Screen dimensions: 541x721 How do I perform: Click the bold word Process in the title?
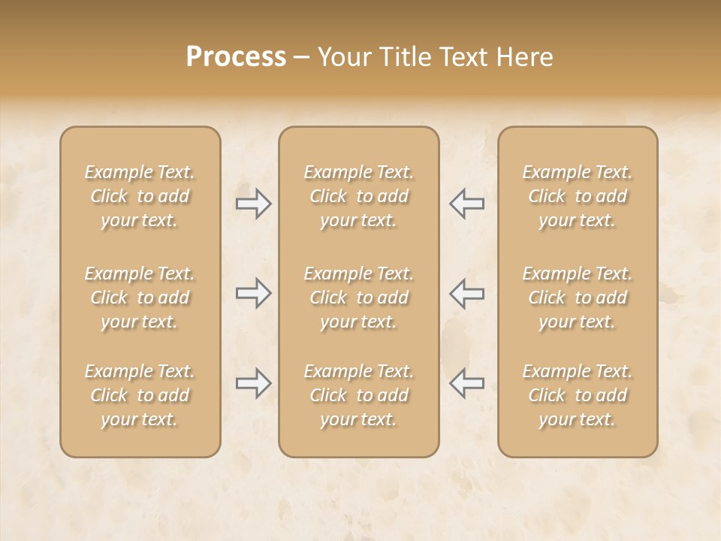(x=236, y=57)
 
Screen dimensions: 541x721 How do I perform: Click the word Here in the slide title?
(x=526, y=57)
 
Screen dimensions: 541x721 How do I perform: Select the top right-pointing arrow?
(x=254, y=204)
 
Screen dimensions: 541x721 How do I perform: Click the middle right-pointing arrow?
(x=254, y=293)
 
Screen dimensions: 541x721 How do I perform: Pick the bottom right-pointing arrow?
(x=254, y=383)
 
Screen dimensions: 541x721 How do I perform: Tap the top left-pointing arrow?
(x=466, y=204)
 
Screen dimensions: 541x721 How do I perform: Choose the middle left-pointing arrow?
(x=466, y=293)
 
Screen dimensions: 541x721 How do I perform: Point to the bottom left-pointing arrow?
(x=466, y=383)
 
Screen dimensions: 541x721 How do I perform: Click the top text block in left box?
(x=140, y=196)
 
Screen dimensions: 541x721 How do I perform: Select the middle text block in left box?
(x=140, y=298)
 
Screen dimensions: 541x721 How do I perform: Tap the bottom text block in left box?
(x=140, y=395)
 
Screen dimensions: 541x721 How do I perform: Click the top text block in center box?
(x=358, y=196)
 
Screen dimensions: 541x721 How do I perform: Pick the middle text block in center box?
(x=358, y=298)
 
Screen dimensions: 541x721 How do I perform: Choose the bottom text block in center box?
(x=358, y=395)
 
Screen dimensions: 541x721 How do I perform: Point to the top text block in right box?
(x=577, y=196)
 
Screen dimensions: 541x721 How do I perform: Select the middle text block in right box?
(x=577, y=298)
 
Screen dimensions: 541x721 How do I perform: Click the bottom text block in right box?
(x=577, y=395)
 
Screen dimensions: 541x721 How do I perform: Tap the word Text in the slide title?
(x=460, y=57)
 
